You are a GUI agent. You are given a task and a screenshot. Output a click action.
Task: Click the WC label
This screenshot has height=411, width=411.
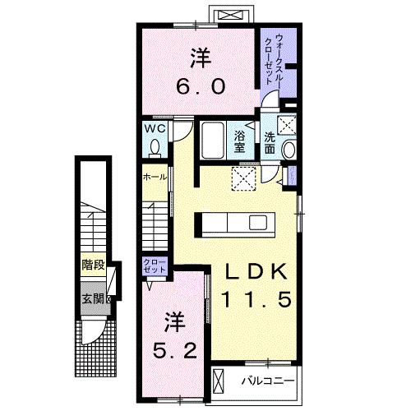(156, 128)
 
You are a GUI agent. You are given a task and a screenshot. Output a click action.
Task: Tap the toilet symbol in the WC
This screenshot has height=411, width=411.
(156, 147)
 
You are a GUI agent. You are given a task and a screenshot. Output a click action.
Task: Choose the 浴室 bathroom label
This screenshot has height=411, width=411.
(240, 141)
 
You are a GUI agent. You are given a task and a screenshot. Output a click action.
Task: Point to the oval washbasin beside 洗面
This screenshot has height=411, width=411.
(288, 150)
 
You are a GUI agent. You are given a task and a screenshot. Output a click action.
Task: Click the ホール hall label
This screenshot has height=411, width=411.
(155, 177)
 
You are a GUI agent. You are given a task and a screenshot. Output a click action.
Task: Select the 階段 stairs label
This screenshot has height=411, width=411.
(92, 265)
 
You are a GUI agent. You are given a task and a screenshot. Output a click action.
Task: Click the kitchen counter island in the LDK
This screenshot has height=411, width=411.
(233, 224)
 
